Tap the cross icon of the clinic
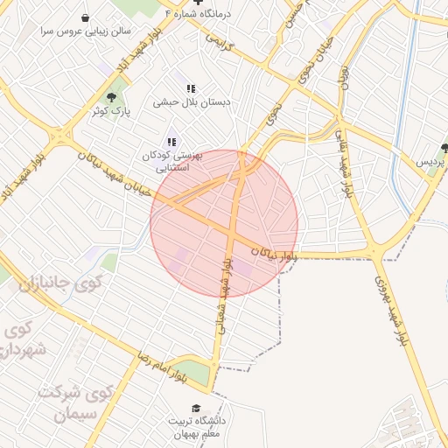(x=198, y=3)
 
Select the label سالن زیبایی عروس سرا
(x=84, y=31)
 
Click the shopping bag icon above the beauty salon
(x=84, y=17)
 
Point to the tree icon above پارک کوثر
(x=111, y=97)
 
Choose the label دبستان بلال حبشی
(x=192, y=101)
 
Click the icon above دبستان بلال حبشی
(x=191, y=88)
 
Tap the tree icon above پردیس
(x=444, y=149)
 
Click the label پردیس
(x=432, y=163)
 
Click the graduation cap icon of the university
(x=196, y=408)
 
